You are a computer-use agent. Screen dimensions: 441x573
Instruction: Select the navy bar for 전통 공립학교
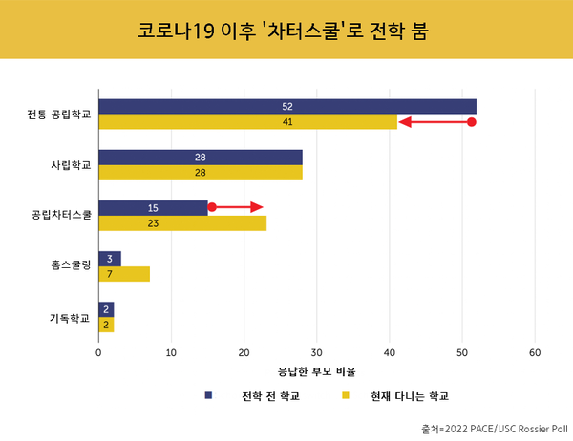286,106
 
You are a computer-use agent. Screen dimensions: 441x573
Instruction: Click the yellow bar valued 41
247,122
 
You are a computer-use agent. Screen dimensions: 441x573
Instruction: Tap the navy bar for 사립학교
200,157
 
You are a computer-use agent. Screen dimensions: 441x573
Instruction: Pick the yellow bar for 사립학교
200,173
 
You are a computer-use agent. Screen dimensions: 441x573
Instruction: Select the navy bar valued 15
153,207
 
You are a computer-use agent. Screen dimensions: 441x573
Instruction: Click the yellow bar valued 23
181,223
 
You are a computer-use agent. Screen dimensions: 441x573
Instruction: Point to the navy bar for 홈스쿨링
109,259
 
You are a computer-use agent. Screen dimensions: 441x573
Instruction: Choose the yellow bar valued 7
123,275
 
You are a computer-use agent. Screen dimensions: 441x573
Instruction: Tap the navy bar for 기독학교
105,309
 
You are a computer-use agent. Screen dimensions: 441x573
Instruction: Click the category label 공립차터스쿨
61,216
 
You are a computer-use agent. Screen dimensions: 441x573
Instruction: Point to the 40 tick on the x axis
390,351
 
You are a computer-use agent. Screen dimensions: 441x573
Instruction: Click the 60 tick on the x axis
535,351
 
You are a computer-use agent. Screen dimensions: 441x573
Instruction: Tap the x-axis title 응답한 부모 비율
316,370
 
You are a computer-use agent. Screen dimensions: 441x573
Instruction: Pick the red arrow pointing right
236,207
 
